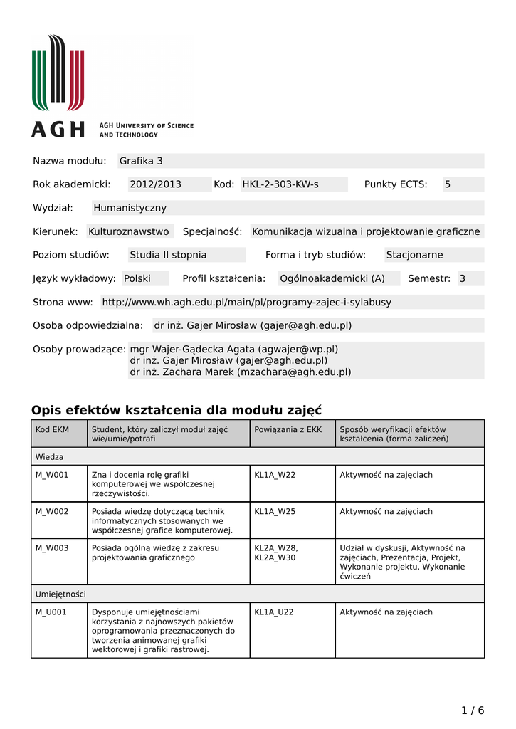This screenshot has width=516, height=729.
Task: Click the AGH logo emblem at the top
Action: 58,73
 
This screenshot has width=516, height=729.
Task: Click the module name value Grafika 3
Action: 141,161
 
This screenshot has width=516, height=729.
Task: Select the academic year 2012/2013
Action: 155,184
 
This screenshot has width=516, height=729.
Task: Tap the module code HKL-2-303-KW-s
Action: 280,184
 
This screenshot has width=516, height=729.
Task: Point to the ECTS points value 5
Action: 448,184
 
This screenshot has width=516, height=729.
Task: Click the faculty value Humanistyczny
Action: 130,208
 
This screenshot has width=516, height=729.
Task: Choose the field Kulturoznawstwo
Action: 129,231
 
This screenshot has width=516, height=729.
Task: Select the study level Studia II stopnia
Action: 168,255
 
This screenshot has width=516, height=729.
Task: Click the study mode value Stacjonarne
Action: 414,255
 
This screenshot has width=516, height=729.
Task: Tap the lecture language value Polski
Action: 137,278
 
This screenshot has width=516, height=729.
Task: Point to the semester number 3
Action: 462,278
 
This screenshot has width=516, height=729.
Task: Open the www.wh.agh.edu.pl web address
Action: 247,302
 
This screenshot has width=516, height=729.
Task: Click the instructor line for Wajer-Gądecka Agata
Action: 233,350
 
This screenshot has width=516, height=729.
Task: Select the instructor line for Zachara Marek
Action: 240,372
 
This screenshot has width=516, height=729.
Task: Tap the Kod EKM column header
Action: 53,429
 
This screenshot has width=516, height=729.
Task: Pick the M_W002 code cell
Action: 53,511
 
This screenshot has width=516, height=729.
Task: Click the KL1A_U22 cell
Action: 274,612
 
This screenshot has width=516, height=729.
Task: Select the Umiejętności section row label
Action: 60,594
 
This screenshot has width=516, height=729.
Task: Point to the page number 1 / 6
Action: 473,710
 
